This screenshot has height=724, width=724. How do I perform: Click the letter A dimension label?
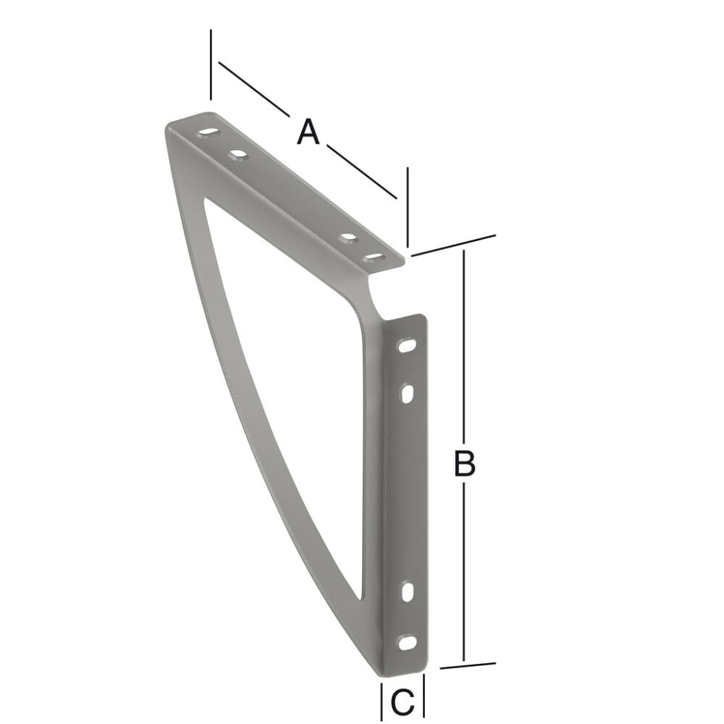tap(308, 132)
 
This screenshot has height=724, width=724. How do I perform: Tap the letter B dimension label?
tap(464, 463)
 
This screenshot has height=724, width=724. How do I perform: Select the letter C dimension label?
tap(403, 700)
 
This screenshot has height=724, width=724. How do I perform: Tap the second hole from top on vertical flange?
tap(408, 393)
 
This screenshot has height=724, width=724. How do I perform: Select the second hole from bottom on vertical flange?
tap(408, 592)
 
